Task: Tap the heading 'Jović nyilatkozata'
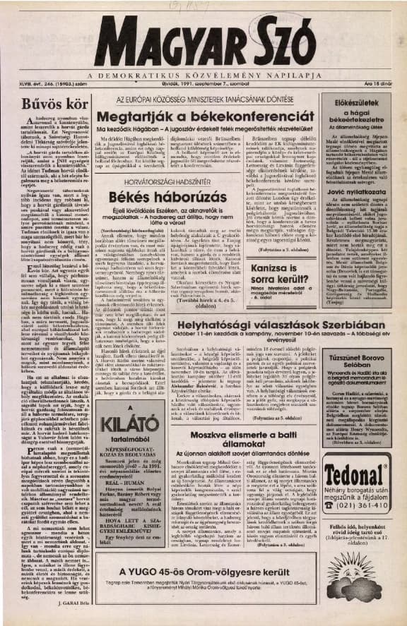click(x=367, y=190)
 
